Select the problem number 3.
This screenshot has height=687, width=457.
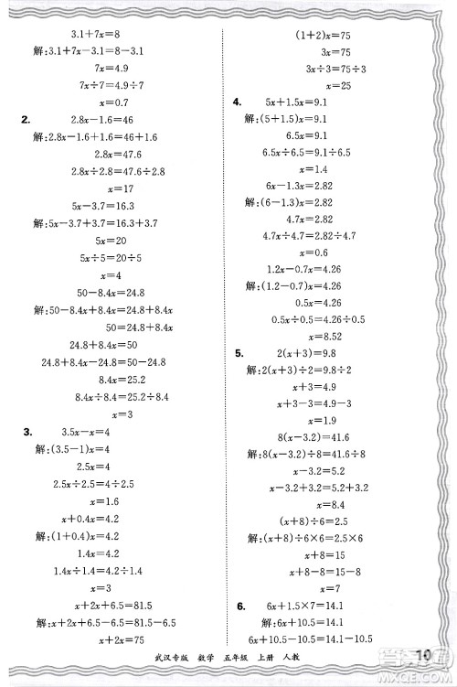pos(27,431)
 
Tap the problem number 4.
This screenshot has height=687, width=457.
pos(238,102)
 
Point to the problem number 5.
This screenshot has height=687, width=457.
pos(239,353)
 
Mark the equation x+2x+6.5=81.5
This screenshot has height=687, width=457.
pos(102,605)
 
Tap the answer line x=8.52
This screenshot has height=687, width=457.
pos(315,337)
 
